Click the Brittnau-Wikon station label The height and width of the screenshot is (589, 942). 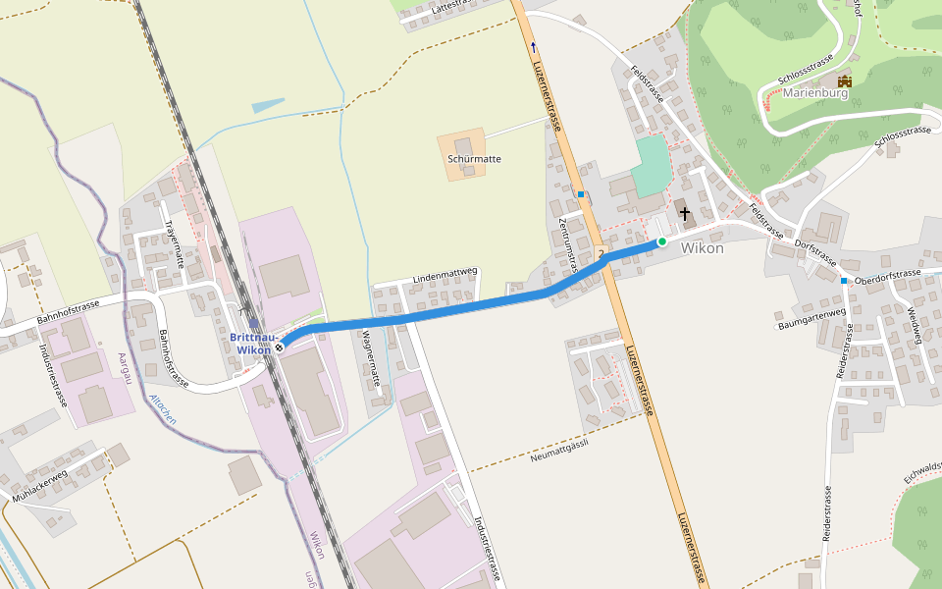pyautogui.click(x=250, y=344)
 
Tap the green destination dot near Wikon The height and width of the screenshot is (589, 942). pyautogui.click(x=662, y=241)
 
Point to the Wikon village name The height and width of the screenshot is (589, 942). pyautogui.click(x=703, y=248)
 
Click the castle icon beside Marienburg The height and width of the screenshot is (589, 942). pyautogui.click(x=844, y=80)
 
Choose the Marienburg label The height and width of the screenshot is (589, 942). pyautogui.click(x=814, y=94)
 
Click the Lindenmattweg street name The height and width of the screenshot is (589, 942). pyautogui.click(x=445, y=276)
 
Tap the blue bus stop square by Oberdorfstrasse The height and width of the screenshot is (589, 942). pyautogui.click(x=843, y=281)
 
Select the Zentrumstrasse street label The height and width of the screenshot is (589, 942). pyautogui.click(x=566, y=244)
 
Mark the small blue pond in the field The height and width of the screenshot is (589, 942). pyautogui.click(x=267, y=105)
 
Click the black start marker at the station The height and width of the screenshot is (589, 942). pyautogui.click(x=280, y=346)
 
